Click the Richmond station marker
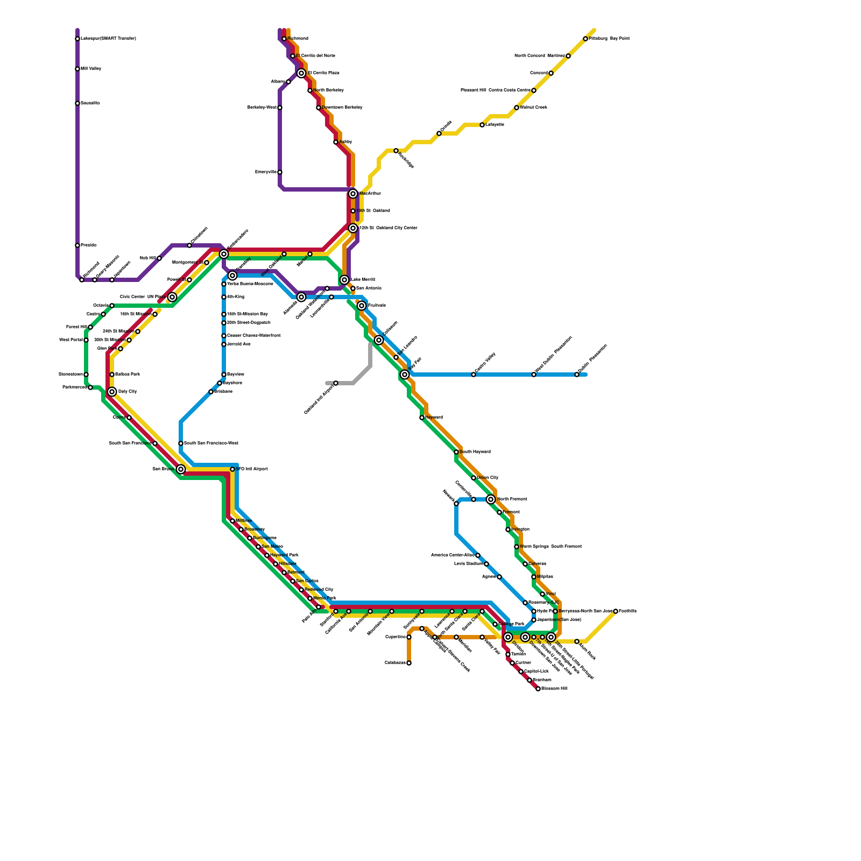coord(284,39)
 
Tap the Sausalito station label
coord(90,103)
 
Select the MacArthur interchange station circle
coord(353,194)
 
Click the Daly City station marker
coord(112,392)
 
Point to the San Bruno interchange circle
coord(181,469)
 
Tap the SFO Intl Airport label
coord(252,469)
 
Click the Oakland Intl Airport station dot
coord(336,383)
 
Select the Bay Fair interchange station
coord(405,375)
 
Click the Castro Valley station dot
coord(474,375)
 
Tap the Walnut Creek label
coord(534,108)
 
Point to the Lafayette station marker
coord(482,125)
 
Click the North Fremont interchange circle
coord(491,499)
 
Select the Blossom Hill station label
coord(554,689)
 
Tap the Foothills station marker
coord(616,611)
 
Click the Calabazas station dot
coord(409,663)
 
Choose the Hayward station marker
coord(422,418)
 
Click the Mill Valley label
coord(91,69)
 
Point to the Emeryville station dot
coord(280,172)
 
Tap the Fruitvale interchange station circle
coord(362,306)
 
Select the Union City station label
coord(488,478)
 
